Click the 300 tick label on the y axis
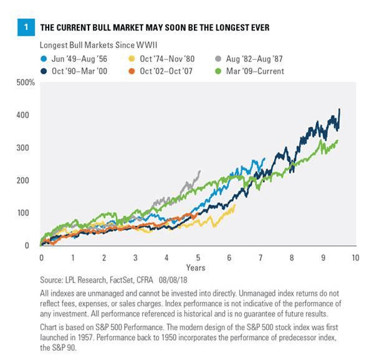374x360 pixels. (x=29, y=148)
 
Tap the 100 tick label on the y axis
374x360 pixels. (x=29, y=213)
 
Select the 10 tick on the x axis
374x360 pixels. (x=355, y=257)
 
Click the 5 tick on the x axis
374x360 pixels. (x=198, y=257)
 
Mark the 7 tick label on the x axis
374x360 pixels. (x=261, y=257)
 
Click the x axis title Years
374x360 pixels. (x=198, y=268)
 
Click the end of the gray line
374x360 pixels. (x=199, y=171)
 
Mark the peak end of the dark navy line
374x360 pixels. (x=340, y=110)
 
